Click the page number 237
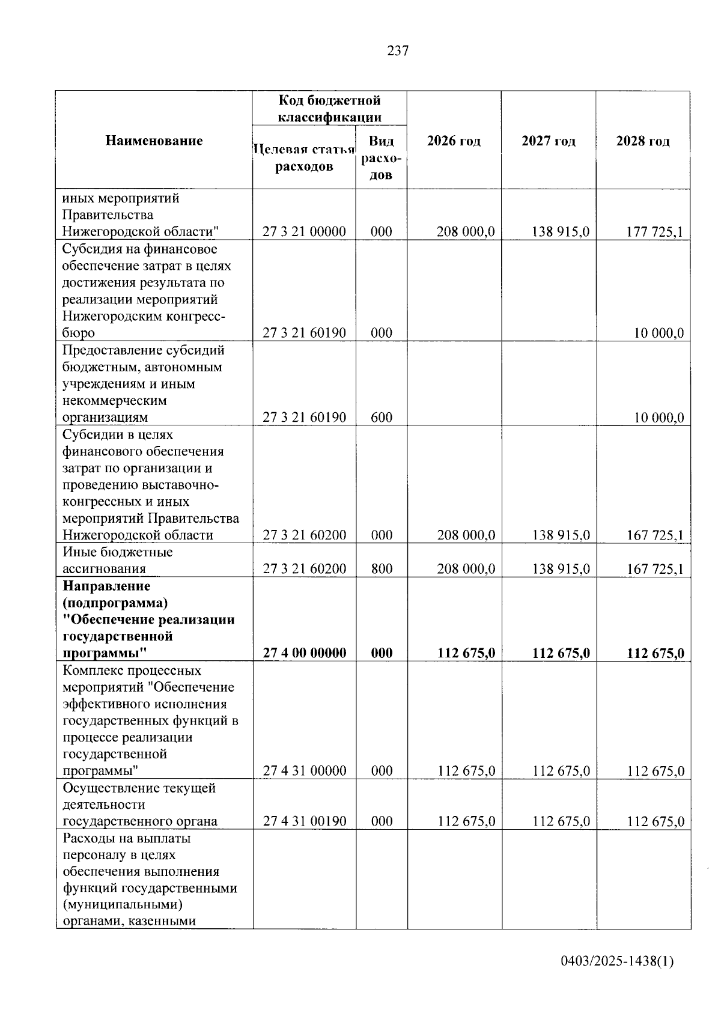pos(398,51)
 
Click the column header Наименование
pos(154,141)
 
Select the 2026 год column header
pos(454,141)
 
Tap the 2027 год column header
pos(548,141)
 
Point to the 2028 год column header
pos(642,141)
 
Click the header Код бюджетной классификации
pos(329,108)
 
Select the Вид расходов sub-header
pos(381,157)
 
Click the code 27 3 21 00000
pos(304,232)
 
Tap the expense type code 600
pos(382,417)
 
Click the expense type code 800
pos(382,568)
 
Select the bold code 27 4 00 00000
pos(304,653)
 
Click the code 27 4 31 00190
pos(304,821)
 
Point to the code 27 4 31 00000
pos(304,771)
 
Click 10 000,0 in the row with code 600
pos(659,417)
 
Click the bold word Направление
pos(106,586)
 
